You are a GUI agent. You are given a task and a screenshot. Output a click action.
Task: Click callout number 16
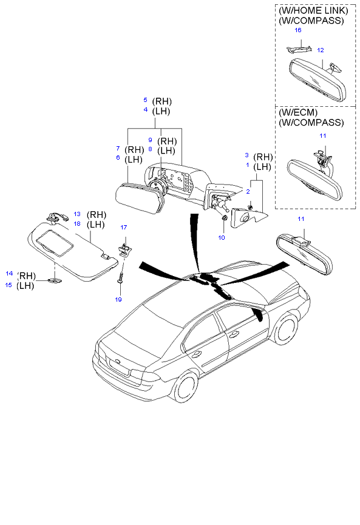(297, 30)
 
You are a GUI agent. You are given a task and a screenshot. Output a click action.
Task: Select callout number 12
(321, 50)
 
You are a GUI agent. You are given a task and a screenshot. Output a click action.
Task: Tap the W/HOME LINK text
(313, 11)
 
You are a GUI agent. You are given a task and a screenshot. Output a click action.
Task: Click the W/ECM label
(298, 112)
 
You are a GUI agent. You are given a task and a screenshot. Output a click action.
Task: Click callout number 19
(118, 300)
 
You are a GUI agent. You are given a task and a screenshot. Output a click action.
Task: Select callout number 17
(124, 228)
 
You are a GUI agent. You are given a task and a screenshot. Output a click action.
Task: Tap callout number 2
(248, 192)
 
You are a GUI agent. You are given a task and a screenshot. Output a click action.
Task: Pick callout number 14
(9, 274)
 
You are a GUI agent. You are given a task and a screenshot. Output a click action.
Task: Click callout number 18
(77, 224)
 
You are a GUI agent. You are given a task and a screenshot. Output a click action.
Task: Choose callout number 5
(145, 100)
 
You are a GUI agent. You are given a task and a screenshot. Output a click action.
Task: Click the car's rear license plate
(118, 367)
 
